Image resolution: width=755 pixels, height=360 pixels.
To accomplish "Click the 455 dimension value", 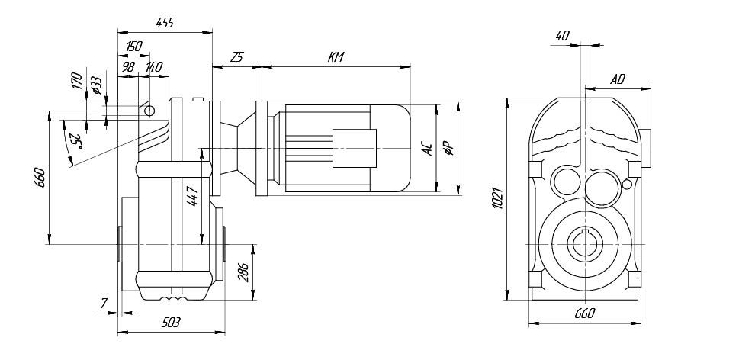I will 165,23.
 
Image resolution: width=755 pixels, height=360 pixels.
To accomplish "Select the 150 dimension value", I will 133,47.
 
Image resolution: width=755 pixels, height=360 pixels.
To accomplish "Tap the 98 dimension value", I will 127,67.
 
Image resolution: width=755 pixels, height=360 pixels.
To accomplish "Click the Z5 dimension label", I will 236,57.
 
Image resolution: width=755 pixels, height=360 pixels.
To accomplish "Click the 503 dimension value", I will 171,323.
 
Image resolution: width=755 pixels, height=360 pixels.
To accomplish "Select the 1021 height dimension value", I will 496,198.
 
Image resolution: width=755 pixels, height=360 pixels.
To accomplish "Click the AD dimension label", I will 618,79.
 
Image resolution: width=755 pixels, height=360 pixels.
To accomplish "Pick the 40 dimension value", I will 563,35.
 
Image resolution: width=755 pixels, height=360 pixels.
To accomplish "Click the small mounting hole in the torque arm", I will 149,111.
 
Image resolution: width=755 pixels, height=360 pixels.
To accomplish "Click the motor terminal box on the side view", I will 355,147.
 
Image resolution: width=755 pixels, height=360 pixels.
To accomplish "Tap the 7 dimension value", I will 104,304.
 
